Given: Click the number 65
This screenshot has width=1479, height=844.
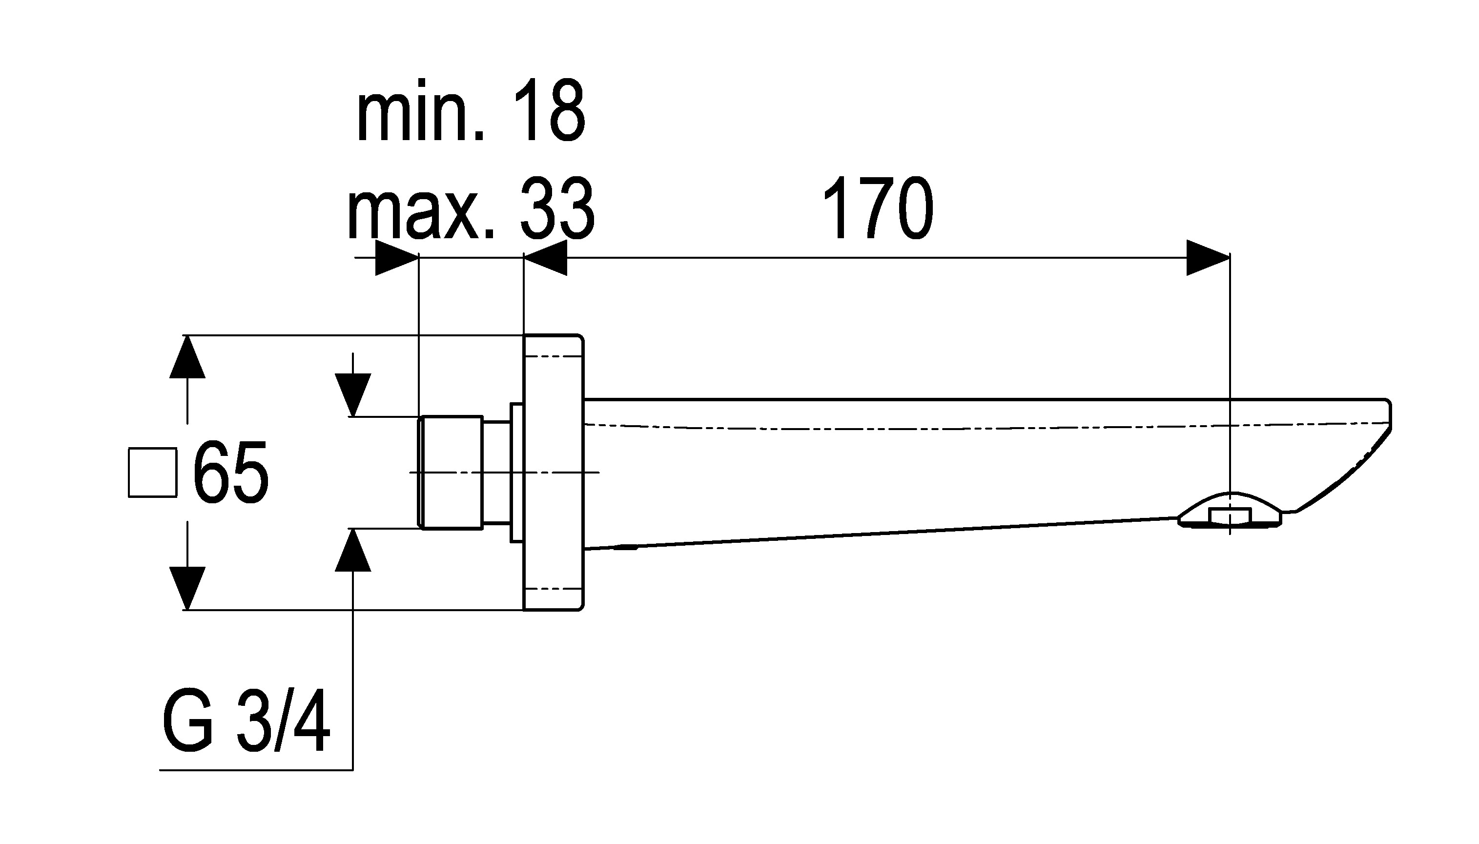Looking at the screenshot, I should (231, 473).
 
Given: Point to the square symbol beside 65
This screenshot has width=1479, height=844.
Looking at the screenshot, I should (152, 473).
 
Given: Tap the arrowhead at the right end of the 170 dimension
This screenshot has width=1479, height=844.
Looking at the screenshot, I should (1209, 257).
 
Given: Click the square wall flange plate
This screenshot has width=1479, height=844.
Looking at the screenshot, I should (554, 473).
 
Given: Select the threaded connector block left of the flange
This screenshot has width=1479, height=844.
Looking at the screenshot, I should (451, 473).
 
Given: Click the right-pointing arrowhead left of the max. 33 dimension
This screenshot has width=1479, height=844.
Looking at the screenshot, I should (397, 257).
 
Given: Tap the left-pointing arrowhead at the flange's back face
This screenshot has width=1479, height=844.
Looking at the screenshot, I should (545, 257).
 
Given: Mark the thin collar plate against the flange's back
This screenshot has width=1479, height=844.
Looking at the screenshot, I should (516, 473).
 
